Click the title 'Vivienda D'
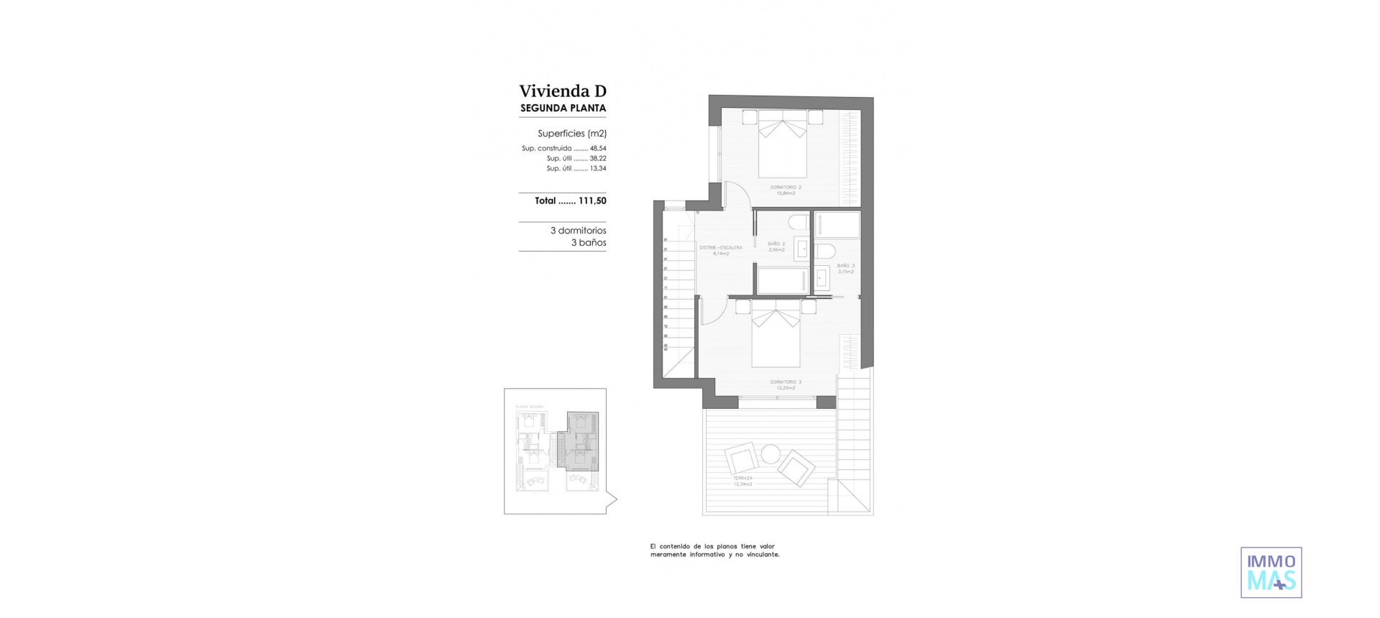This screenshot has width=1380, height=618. pyautogui.click(x=563, y=91)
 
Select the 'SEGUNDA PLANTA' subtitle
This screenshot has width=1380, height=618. pyautogui.click(x=563, y=109)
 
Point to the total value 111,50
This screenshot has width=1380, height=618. pyautogui.click(x=592, y=201)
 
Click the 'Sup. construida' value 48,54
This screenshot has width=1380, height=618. pyautogui.click(x=598, y=149)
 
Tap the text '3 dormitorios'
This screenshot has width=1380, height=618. pyautogui.click(x=578, y=231)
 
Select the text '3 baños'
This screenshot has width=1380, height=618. pyautogui.click(x=589, y=243)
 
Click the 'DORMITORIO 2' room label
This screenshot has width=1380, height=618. pyautogui.click(x=785, y=188)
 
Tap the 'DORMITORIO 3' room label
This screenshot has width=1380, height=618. pyautogui.click(x=785, y=382)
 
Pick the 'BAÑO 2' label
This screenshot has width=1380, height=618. pyautogui.click(x=776, y=244)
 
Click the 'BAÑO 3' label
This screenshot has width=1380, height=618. pyautogui.click(x=845, y=266)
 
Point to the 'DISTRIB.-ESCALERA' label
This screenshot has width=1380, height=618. pyautogui.click(x=721, y=248)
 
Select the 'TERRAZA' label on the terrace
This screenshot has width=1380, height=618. pyautogui.click(x=742, y=478)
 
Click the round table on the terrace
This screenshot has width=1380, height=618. pyautogui.click(x=770, y=454)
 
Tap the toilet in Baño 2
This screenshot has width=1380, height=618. pyautogui.click(x=799, y=221)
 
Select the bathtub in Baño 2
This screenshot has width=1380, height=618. pyautogui.click(x=783, y=281)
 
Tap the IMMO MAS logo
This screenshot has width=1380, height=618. pyautogui.click(x=1271, y=573)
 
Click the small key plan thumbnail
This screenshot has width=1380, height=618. pyautogui.click(x=555, y=451)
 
